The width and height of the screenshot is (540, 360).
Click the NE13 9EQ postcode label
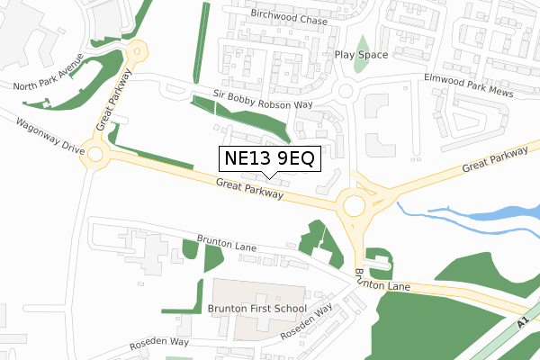coord(267,159)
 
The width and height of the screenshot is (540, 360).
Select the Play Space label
coord(361,55)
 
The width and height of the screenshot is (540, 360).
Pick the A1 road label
coord(524,321)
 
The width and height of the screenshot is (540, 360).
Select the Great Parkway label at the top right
coord(495,162)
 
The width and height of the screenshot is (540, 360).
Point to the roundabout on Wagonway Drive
coord(96,154)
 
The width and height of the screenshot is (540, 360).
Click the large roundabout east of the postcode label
coord(354,206)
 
